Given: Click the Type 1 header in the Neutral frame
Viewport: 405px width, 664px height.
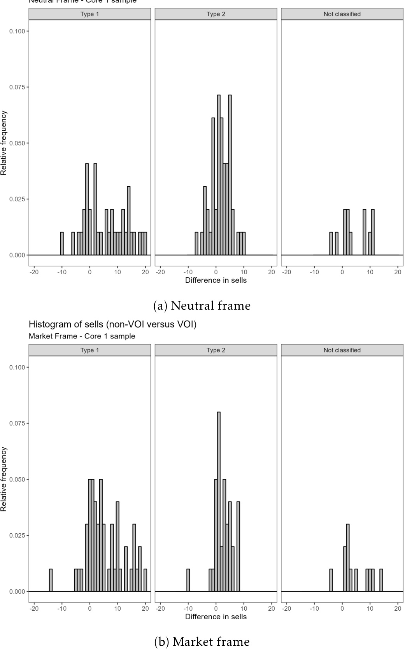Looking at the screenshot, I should [89, 14].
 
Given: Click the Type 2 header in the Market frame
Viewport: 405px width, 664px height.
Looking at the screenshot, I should [216, 350].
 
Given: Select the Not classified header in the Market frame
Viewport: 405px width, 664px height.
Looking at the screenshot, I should [342, 350].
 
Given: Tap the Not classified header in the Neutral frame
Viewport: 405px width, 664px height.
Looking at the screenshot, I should [342, 14].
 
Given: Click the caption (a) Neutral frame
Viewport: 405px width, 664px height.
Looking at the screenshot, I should [202, 306].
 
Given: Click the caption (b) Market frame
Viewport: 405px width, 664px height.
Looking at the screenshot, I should [202, 641].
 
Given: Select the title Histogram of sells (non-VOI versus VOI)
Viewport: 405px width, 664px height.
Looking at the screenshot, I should [112, 324].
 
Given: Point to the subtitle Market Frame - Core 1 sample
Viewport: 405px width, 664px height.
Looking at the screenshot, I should [82, 336].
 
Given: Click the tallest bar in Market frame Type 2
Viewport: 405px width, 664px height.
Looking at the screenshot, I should [219, 501].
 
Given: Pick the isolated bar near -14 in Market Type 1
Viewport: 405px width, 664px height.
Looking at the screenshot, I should [51, 580].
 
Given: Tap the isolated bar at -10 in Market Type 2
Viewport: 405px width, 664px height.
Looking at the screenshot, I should [188, 580].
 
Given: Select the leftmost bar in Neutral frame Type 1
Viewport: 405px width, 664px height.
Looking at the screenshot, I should [62, 244].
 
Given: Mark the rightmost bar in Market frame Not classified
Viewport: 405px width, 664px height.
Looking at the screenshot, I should [381, 580].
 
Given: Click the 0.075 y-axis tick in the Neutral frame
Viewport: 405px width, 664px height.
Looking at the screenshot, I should [19, 87].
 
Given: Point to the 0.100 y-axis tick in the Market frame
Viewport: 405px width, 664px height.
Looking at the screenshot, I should [19, 367].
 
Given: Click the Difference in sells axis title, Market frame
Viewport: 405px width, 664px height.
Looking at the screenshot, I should [216, 617].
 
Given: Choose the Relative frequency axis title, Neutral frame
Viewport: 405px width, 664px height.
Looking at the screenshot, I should [4, 143].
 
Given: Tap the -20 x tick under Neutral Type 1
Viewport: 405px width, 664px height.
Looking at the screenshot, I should [34, 272].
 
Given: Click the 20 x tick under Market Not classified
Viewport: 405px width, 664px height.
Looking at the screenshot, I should [398, 608].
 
